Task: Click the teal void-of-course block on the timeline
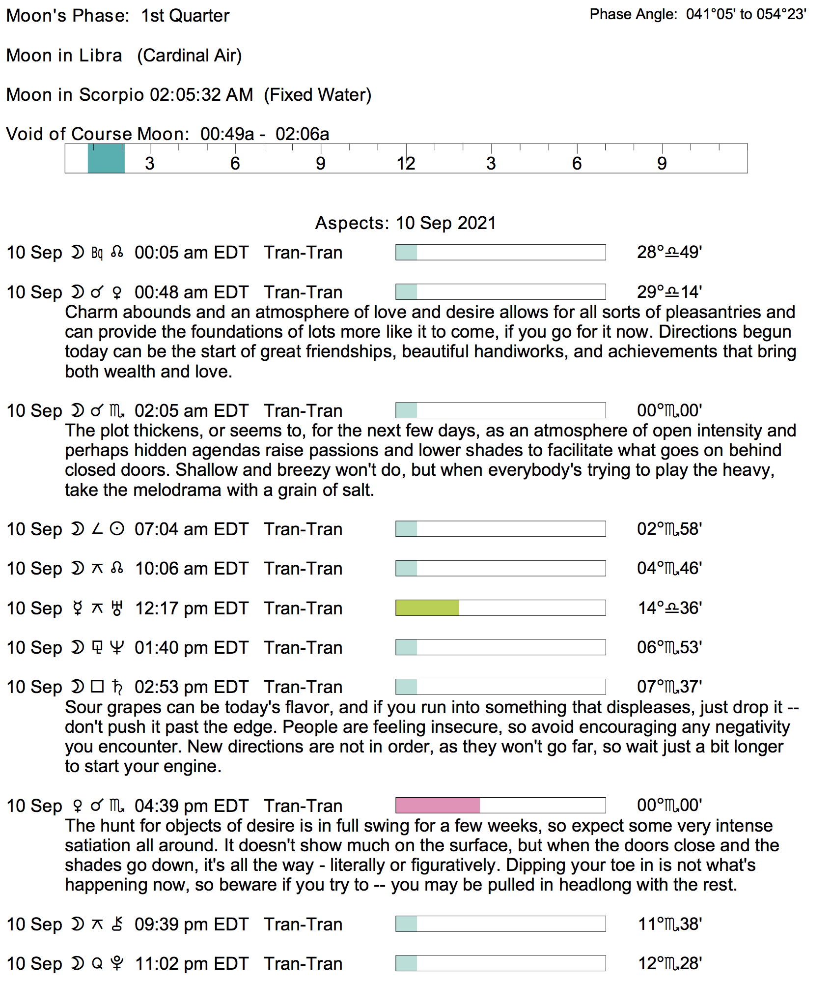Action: pyautogui.click(x=106, y=158)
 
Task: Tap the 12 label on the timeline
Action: pyautogui.click(x=406, y=164)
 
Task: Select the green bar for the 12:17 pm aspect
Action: pyautogui.click(x=427, y=608)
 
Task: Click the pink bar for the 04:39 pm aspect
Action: pyautogui.click(x=438, y=806)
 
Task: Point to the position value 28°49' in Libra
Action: pyautogui.click(x=669, y=253)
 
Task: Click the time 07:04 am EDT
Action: pyautogui.click(x=191, y=529)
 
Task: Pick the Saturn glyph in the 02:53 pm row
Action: pyautogui.click(x=117, y=687)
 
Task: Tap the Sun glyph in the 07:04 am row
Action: pyautogui.click(x=117, y=529)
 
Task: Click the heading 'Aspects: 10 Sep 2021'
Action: pyautogui.click(x=405, y=223)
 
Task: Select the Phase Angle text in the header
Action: pyautogui.click(x=697, y=14)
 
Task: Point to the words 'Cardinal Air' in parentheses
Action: pyautogui.click(x=190, y=56)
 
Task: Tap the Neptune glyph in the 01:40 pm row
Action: pyautogui.click(x=117, y=648)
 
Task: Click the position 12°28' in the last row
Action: pyautogui.click(x=669, y=964)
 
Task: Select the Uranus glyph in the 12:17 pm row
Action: pyautogui.click(x=117, y=608)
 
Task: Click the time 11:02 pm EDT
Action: pyautogui.click(x=191, y=964)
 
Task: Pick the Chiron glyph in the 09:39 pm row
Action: pyautogui.click(x=117, y=925)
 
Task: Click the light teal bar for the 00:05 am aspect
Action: pyautogui.click(x=407, y=253)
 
